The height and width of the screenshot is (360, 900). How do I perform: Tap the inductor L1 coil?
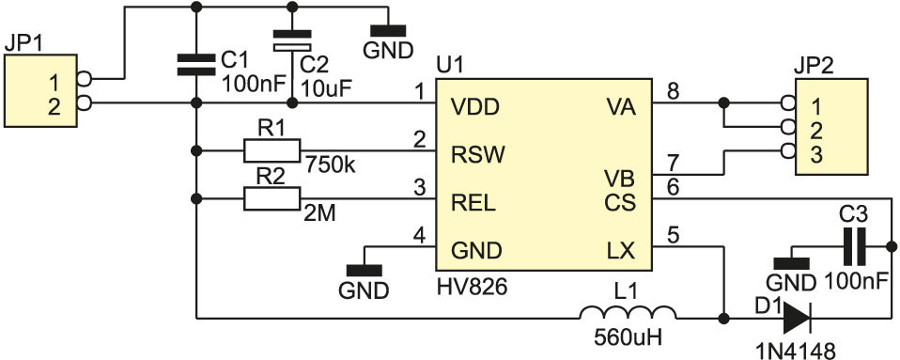click(628, 313)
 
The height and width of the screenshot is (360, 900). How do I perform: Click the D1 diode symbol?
click(796, 317)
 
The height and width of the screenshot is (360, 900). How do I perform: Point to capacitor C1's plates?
click(195, 65)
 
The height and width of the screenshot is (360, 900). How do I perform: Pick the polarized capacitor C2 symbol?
click(292, 40)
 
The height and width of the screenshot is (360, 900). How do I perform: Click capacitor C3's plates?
click(854, 246)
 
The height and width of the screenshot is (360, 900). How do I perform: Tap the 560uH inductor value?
click(628, 337)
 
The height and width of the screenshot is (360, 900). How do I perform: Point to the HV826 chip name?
click(472, 287)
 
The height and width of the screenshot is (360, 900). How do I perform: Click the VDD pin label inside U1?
click(475, 107)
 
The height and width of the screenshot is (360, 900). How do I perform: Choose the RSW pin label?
click(478, 154)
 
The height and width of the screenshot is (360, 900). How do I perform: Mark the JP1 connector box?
click(40, 90)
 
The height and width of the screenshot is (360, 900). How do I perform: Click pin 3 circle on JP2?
click(788, 151)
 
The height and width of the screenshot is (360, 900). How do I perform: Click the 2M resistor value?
click(320, 214)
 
